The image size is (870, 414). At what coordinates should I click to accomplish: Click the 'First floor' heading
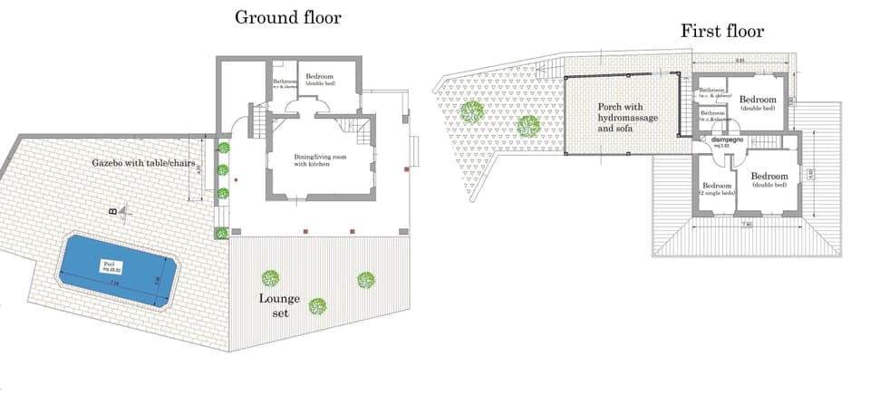pos(722,32)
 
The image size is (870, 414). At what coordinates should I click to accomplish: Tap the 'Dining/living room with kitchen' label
pos(321,160)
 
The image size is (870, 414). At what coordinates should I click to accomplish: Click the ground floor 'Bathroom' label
pos(285,83)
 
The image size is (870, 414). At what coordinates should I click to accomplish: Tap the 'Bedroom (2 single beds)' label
pos(717,189)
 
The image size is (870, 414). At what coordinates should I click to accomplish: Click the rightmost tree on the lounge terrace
pos(365,281)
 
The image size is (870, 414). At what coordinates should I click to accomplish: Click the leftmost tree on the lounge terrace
pos(269,278)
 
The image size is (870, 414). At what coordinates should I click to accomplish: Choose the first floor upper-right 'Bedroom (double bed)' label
pos(757,102)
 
